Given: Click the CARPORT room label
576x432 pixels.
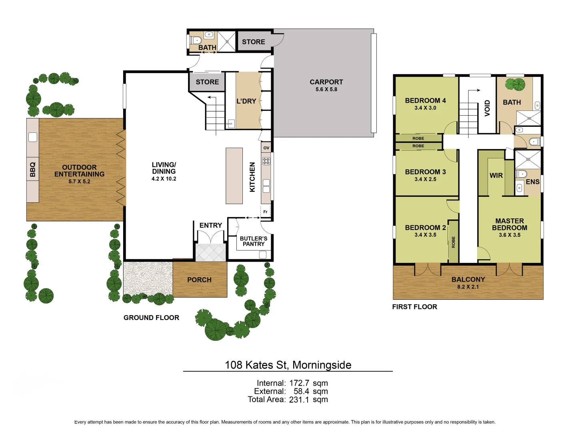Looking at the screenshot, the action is tap(326, 82).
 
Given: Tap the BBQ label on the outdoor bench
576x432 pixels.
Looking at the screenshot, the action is tap(32, 170).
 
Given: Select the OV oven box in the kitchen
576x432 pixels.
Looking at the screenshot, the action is tap(266, 148).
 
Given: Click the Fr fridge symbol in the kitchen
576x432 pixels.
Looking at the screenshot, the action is tap(265, 212).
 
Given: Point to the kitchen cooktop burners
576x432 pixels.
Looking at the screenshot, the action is tap(266, 161).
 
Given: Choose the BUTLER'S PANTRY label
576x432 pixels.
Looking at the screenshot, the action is tap(254, 241).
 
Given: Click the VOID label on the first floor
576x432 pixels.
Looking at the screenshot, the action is tap(487, 108).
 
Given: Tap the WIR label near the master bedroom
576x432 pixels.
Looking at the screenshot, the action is tap(496, 176).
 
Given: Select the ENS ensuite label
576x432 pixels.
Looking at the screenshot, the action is tap(532, 182).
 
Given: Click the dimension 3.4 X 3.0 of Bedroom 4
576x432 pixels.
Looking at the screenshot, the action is tap(425, 108).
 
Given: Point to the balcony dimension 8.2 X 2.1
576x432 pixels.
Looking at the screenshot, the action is tap(468, 287).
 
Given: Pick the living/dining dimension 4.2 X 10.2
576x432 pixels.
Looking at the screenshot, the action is tap(164, 179).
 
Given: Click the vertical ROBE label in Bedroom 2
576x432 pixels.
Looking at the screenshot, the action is tap(454, 242).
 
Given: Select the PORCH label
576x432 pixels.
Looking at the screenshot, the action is tap(199, 280).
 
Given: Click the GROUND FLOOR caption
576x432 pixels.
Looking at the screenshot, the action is tap(152, 318).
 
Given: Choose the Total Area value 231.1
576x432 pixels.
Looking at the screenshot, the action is tap(299, 400).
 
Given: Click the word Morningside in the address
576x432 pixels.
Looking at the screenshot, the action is tap(322, 365).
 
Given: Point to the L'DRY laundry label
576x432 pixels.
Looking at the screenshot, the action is tap(246, 101).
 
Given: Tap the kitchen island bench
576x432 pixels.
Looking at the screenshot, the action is tap(234, 176).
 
